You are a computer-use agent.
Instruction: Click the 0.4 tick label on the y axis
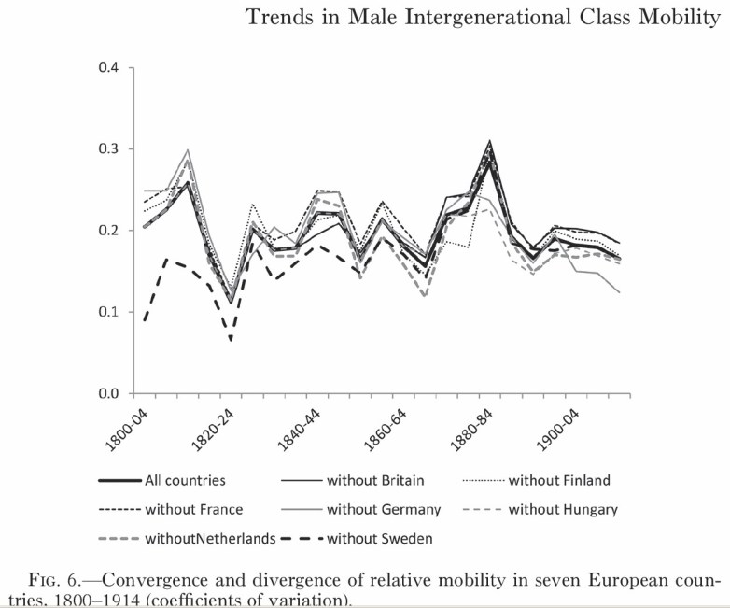click(109, 68)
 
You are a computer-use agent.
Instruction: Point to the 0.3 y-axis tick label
click(109, 149)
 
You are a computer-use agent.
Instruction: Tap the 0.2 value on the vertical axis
click(109, 231)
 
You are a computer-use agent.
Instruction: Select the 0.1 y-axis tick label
click(109, 312)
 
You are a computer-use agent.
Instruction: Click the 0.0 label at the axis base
click(109, 393)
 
